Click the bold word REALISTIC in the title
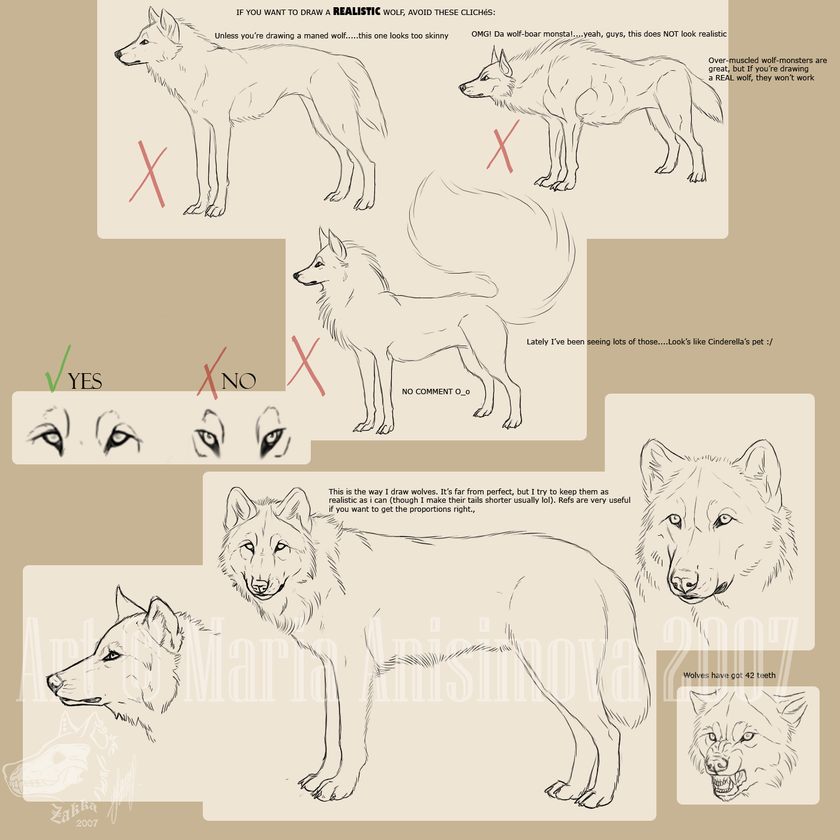pyautogui.click(x=356, y=11)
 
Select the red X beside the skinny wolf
pyautogui.click(x=148, y=175)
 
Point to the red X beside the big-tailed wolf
pyautogui.click(x=306, y=366)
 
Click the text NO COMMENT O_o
pyautogui.click(x=436, y=392)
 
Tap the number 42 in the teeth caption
pyautogui.click(x=749, y=675)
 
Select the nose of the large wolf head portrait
pyautogui.click(x=685, y=582)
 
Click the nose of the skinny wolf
pyautogui.click(x=118, y=55)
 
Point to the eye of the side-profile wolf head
pyautogui.click(x=112, y=656)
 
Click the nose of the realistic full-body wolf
pyautogui.click(x=260, y=585)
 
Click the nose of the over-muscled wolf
pyautogui.click(x=463, y=88)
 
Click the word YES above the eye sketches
pyautogui.click(x=85, y=382)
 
